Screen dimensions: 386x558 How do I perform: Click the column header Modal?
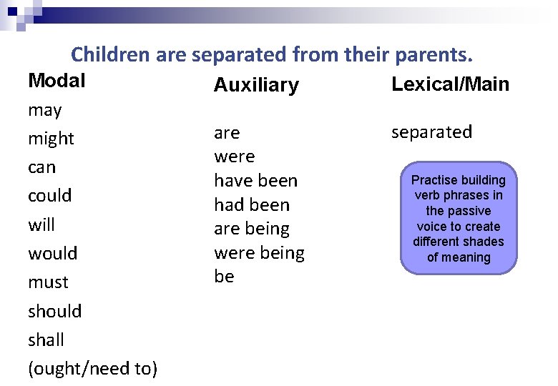pyautogui.click(x=57, y=81)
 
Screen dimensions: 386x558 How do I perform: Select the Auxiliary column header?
pyautogui.click(x=256, y=86)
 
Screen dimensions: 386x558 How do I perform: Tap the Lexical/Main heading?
pyautogui.click(x=450, y=84)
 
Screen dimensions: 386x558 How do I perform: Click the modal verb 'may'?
pyautogui.click(x=44, y=111)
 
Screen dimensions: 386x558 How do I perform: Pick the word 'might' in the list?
pyautogui.click(x=51, y=139)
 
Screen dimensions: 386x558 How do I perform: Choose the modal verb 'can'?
pyautogui.click(x=41, y=167)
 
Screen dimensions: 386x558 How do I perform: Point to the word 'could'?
pyautogui.click(x=49, y=196)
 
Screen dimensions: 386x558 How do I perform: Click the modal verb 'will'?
pyautogui.click(x=41, y=225)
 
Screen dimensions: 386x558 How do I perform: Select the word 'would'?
pyautogui.click(x=52, y=254)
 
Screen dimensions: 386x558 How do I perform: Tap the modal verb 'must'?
pyautogui.click(x=48, y=282)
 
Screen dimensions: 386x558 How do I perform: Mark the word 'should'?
pyautogui.click(x=54, y=311)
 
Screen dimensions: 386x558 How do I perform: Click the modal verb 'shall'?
pyautogui.click(x=46, y=340)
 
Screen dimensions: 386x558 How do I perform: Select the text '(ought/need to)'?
pyautogui.click(x=93, y=369)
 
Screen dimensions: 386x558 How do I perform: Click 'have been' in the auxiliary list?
pyautogui.click(x=255, y=181)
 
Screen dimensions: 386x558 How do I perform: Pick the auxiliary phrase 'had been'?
pyautogui.click(x=252, y=205)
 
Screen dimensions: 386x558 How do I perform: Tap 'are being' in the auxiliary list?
pyautogui.click(x=252, y=229)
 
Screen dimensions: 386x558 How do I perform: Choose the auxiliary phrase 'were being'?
pyautogui.click(x=259, y=253)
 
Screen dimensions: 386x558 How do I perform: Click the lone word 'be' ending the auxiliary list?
pyautogui.click(x=224, y=277)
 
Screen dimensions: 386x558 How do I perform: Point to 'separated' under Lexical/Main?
pyautogui.click(x=431, y=132)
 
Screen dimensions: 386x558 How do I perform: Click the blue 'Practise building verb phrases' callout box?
pyautogui.click(x=458, y=218)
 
